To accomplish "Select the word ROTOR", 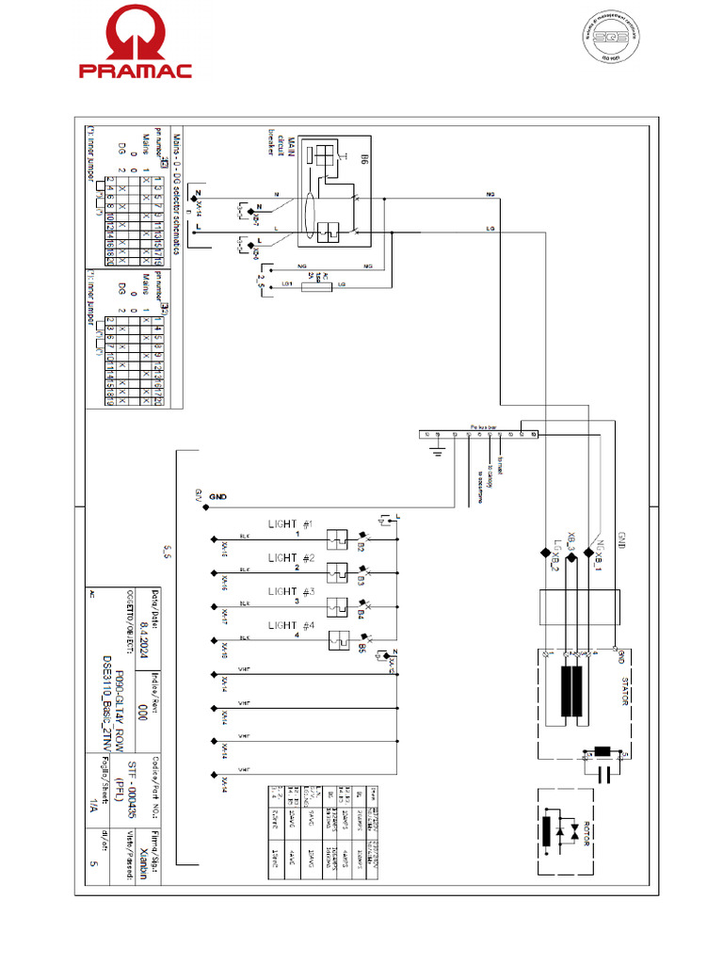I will coord(585,832).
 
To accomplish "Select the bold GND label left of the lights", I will coord(218,496).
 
